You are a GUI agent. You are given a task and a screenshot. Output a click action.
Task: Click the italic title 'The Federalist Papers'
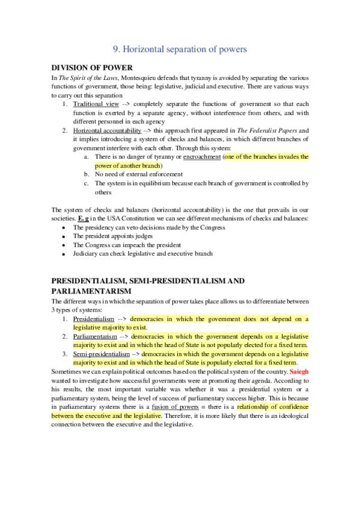[x=269, y=130]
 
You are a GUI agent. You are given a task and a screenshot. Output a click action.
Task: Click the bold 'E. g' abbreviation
[x=81, y=218]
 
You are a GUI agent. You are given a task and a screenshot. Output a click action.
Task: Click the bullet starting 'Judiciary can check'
[x=143, y=254]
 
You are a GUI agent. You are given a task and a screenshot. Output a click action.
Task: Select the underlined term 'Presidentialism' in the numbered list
[x=93, y=318]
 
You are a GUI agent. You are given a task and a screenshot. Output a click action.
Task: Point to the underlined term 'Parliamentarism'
[x=96, y=336]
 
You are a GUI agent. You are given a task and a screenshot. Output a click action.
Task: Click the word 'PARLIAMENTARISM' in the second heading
[x=91, y=291]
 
